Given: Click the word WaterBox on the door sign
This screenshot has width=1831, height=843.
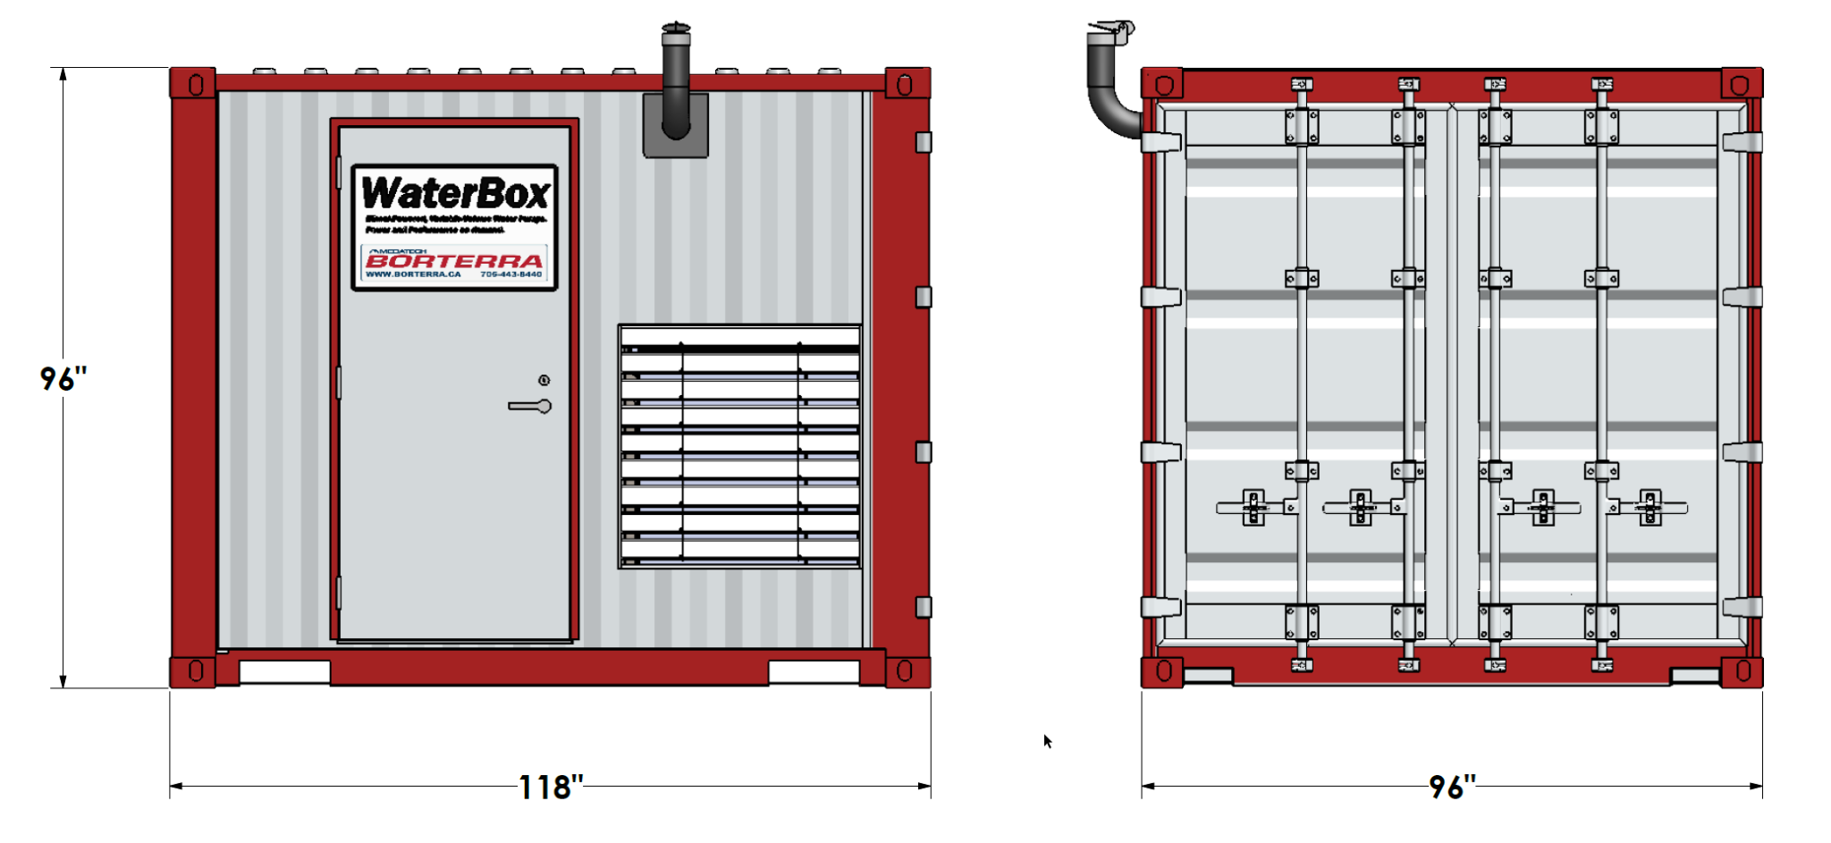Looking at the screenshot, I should click(455, 193).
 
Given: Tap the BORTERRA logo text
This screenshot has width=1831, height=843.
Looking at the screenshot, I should click(454, 261).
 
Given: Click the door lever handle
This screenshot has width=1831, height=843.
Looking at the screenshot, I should click(530, 406).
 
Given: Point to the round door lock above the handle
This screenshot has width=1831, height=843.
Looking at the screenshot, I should click(544, 380).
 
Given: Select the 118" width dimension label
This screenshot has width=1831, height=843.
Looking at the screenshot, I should click(550, 788).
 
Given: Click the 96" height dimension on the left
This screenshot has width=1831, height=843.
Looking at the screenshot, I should click(63, 379).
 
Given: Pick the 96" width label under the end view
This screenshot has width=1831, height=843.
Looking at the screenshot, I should click(1451, 788).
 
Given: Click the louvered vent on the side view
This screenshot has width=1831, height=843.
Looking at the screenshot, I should click(739, 447).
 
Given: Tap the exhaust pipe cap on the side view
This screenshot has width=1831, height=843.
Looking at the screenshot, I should click(676, 29).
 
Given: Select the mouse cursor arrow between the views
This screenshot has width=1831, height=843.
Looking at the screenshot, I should click(1048, 741).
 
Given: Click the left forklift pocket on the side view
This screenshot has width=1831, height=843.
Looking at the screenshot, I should click(284, 671).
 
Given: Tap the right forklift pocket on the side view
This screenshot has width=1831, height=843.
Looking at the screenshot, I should click(814, 671).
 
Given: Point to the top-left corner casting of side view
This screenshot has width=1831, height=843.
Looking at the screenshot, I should click(193, 84).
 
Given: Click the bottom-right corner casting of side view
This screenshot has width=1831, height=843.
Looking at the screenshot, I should click(907, 671).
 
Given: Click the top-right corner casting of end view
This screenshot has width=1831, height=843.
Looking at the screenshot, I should click(1741, 84).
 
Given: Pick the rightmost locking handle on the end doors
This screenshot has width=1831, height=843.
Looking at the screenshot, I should click(1650, 508).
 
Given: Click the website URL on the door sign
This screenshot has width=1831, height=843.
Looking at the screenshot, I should click(413, 274).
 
